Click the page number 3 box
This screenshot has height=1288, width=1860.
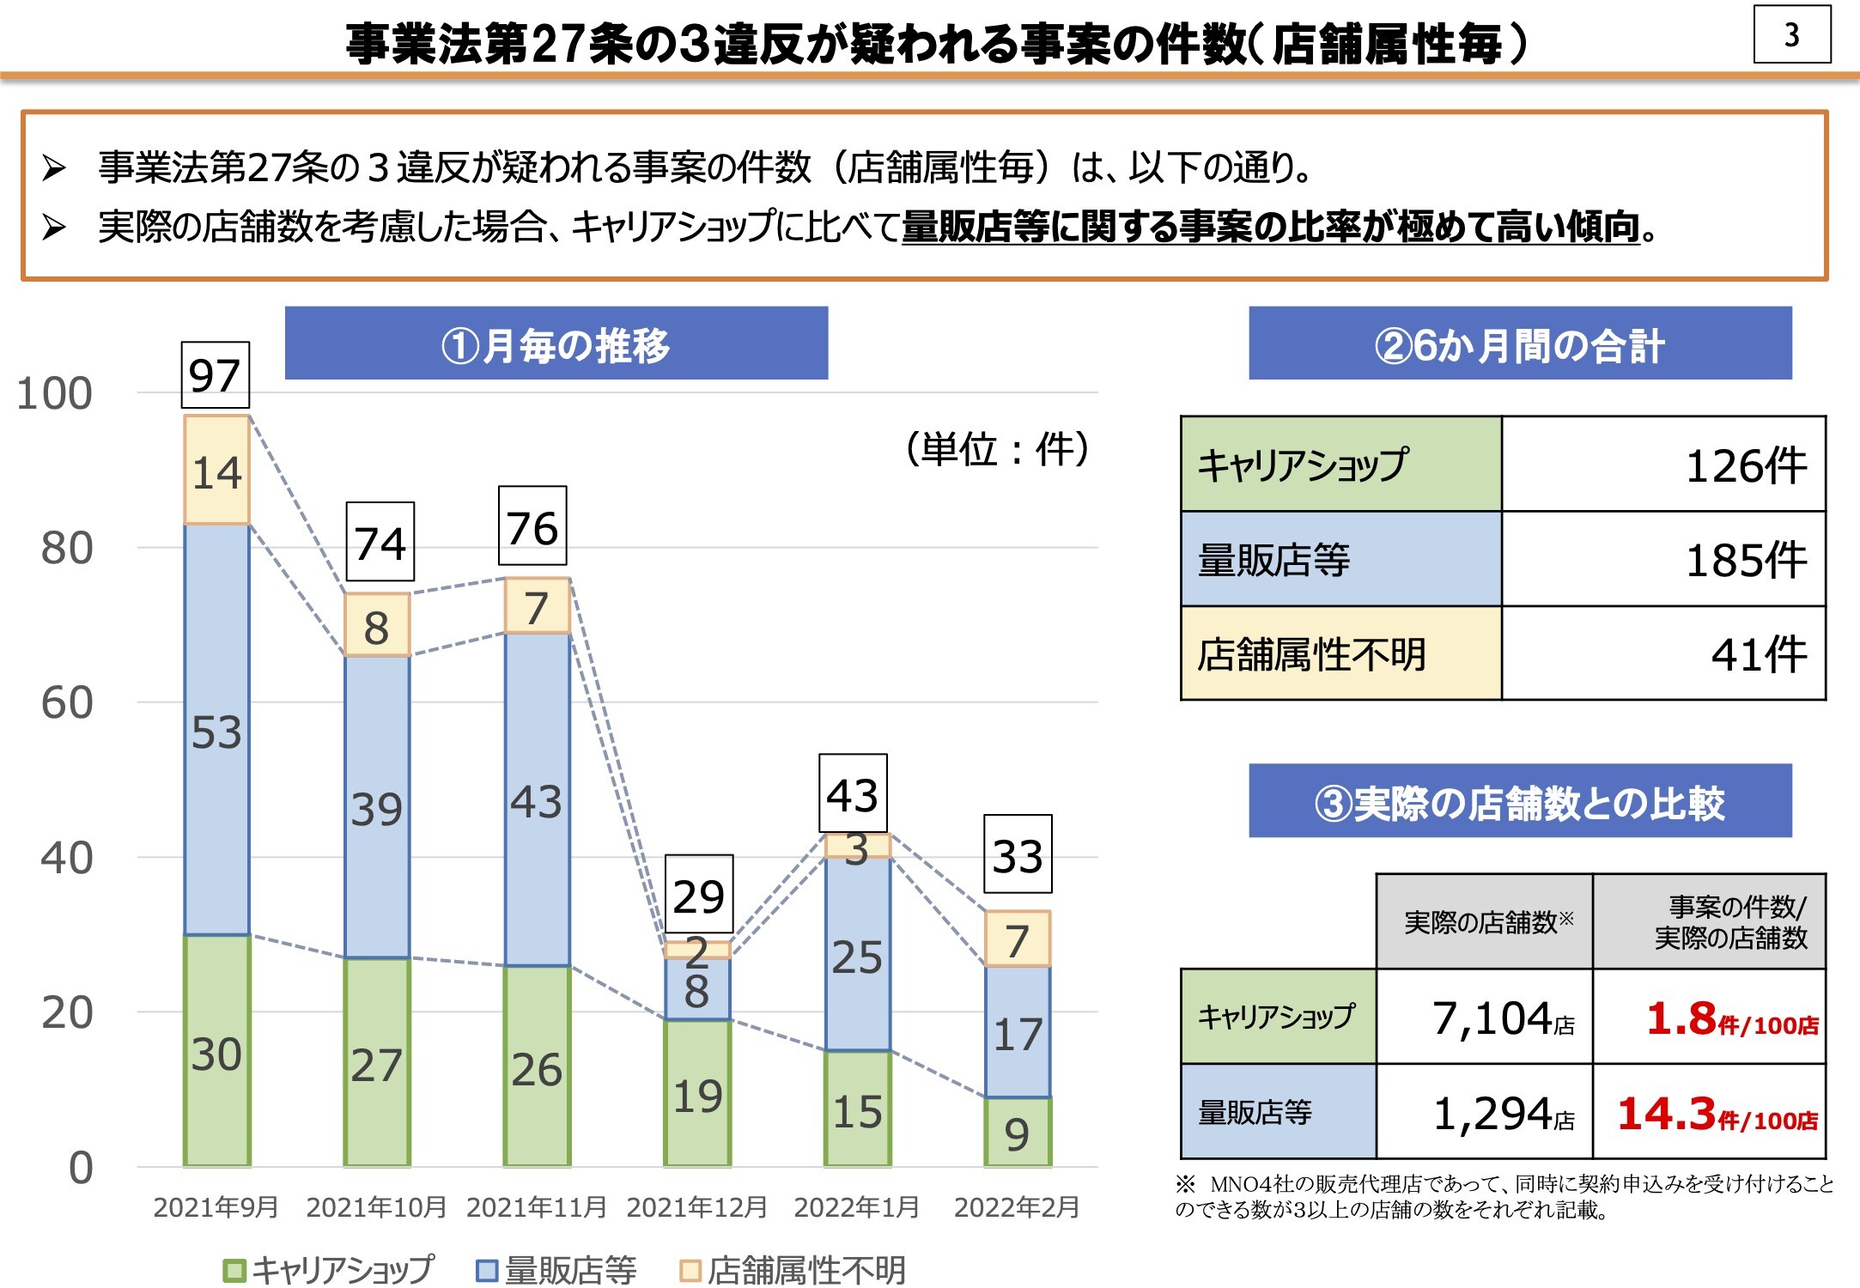pos(1791,35)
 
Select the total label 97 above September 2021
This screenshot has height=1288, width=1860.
pos(215,375)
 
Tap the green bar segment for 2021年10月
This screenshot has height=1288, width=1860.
pos(377,1061)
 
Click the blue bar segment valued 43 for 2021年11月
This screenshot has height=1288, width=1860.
pos(537,799)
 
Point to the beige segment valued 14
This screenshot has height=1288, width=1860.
pos(216,471)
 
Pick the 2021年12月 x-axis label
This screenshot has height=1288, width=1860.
pos(696,1207)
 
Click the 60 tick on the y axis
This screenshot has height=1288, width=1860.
pos(67,703)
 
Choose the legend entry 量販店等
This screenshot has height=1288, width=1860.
pos(556,1270)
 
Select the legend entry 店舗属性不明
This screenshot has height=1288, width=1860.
pos(793,1270)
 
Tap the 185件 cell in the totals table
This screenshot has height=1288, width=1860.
pos(1663,560)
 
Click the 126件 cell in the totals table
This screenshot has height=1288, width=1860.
pos(1663,465)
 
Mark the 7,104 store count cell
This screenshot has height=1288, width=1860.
pos(1486,1018)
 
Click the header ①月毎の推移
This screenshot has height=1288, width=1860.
pos(556,343)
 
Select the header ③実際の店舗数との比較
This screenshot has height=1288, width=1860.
pos(1519,801)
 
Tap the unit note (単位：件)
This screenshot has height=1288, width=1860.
pos(996,449)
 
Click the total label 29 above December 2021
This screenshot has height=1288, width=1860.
pos(698,895)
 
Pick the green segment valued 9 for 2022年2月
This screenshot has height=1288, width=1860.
pos(1018,1133)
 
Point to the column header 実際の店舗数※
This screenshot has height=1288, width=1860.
pos(1485,922)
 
